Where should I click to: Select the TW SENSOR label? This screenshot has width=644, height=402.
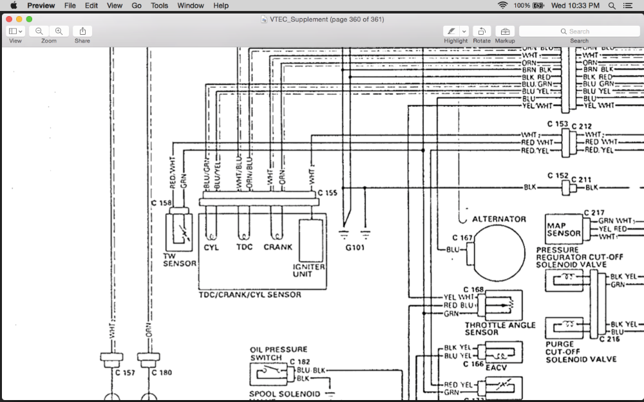coord(179,259)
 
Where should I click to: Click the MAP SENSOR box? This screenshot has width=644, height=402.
coord(563,230)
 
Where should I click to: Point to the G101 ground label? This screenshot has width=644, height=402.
coord(355,247)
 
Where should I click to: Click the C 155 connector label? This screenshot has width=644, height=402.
coord(327,192)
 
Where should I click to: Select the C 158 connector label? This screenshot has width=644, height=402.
coord(162,203)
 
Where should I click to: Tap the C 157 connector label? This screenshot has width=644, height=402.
coord(125,372)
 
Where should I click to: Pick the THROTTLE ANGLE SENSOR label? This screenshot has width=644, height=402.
coord(500,329)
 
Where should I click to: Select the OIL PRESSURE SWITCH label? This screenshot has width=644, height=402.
coord(278,354)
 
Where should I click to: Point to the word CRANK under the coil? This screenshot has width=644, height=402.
coord(278,247)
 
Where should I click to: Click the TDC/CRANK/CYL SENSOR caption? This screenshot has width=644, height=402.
coord(249,295)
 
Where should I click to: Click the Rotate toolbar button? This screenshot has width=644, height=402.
coord(481,31)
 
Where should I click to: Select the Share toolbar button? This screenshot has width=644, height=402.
coord(82,31)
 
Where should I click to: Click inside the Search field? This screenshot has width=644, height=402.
coord(579,31)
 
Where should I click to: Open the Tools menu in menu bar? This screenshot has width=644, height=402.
coord(159,5)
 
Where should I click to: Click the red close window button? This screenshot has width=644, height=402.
coord(8,19)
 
